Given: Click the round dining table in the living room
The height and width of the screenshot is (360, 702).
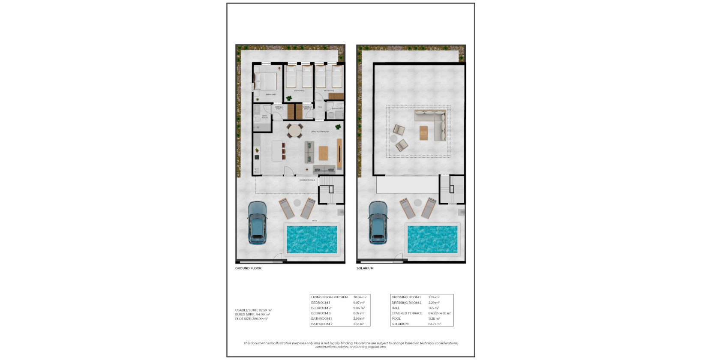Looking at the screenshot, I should pyautogui.click(x=294, y=130).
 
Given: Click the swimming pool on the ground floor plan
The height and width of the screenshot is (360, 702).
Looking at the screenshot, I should pyautogui.click(x=312, y=239).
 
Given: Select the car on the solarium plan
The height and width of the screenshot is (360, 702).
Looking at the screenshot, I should pyautogui.click(x=378, y=222).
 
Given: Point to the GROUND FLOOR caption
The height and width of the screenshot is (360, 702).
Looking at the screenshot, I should pyautogui.click(x=248, y=268).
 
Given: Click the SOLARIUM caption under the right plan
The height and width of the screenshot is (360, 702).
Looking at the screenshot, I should pyautogui.click(x=365, y=268).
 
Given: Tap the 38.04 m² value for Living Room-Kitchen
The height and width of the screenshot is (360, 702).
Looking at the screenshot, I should pyautogui.click(x=360, y=297).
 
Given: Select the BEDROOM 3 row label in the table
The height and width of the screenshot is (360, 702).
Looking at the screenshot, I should pyautogui.click(x=321, y=313).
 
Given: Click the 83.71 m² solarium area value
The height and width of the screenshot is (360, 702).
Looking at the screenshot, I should pyautogui.click(x=434, y=324).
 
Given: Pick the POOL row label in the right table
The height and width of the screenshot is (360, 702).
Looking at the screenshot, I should pyautogui.click(x=396, y=318).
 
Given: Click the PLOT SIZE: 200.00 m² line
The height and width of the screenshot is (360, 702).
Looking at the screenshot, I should pyautogui.click(x=251, y=319).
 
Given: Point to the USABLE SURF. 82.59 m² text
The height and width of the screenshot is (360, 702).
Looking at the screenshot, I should pyautogui.click(x=253, y=310).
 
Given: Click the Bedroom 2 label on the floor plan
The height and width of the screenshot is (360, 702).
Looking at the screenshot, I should pyautogui.click(x=299, y=91).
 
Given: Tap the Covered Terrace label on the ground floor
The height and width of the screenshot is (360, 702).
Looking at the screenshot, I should pyautogui.click(x=307, y=180).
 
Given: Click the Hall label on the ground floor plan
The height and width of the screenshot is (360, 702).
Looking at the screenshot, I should pyautogui.click(x=320, y=107).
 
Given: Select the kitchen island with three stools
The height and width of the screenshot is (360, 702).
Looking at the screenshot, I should pyautogui.click(x=276, y=151).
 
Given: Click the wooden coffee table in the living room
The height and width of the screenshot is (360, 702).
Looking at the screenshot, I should pyautogui.click(x=323, y=153).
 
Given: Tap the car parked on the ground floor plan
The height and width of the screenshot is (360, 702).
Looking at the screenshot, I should pyautogui.click(x=257, y=222).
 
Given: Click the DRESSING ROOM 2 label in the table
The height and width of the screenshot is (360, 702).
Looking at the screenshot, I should pyautogui.click(x=406, y=303).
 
